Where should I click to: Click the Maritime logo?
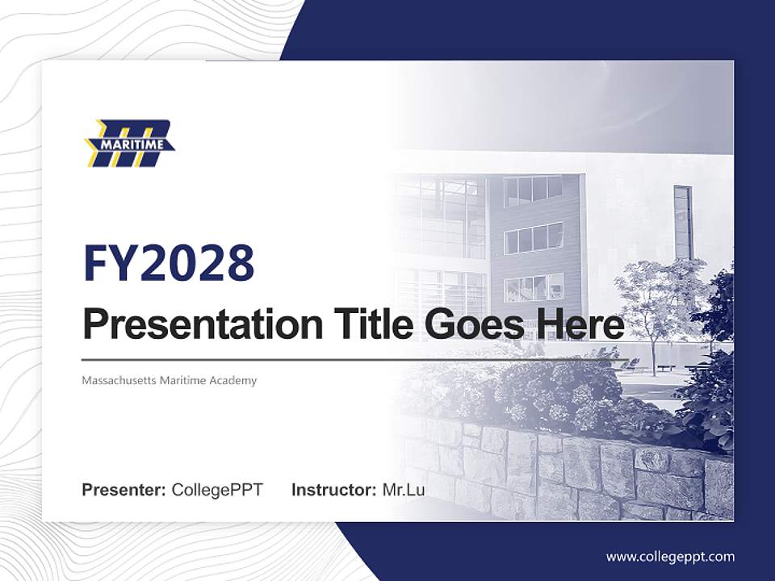point(130,144)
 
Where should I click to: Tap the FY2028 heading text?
point(169,263)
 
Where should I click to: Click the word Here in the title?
point(576,325)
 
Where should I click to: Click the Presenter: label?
point(124,490)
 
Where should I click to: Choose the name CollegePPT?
point(217,490)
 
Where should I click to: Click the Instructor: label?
point(333,490)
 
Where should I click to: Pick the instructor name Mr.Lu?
point(404,490)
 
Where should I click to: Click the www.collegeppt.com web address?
point(670,557)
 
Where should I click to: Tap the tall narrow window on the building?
point(683,221)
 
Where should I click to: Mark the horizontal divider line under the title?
point(355,359)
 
